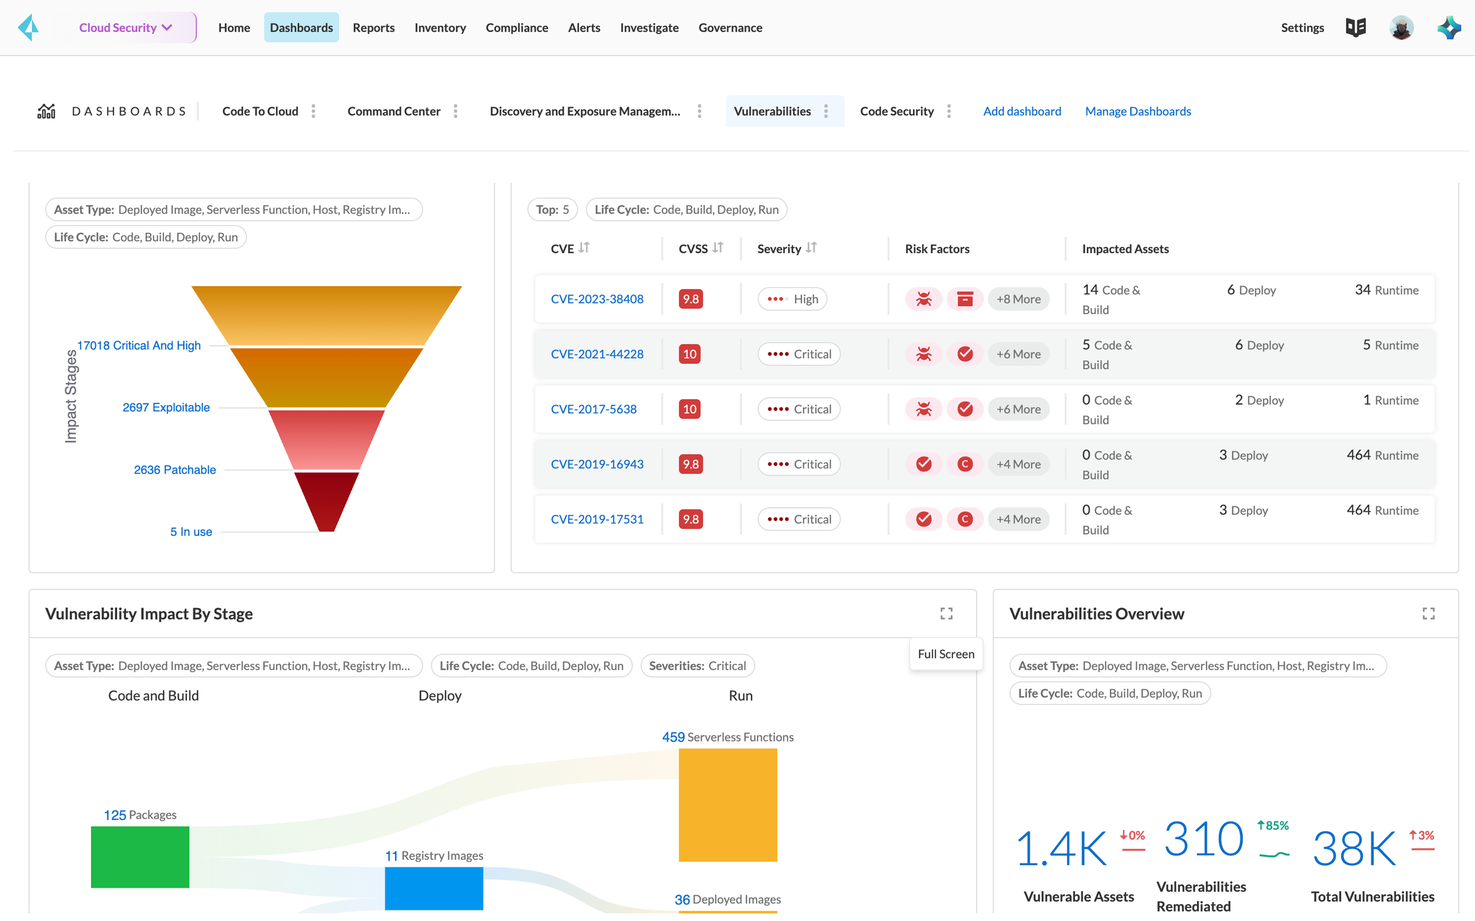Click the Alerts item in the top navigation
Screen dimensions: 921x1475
coord(583,28)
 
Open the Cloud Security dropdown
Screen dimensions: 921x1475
coord(125,28)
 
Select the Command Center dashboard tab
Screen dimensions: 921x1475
coord(394,111)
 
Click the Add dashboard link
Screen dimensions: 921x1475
coord(1022,111)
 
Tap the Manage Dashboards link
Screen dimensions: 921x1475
coord(1137,111)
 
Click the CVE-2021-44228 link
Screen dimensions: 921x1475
coord(597,354)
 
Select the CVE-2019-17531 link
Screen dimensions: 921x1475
coord(597,519)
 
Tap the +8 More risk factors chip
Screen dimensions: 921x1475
coord(1018,299)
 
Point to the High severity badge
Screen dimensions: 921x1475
coord(792,299)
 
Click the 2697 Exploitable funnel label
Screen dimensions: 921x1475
coord(166,407)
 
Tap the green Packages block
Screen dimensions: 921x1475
coord(140,857)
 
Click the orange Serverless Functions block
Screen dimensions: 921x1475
coord(727,804)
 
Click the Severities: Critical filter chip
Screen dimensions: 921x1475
coord(697,666)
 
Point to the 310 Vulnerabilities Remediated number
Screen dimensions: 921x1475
coord(1203,839)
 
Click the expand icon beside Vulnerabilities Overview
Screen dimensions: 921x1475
coord(1428,613)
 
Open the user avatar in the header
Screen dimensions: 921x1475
coord(1401,28)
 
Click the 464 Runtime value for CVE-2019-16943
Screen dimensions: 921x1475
coord(1382,455)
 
